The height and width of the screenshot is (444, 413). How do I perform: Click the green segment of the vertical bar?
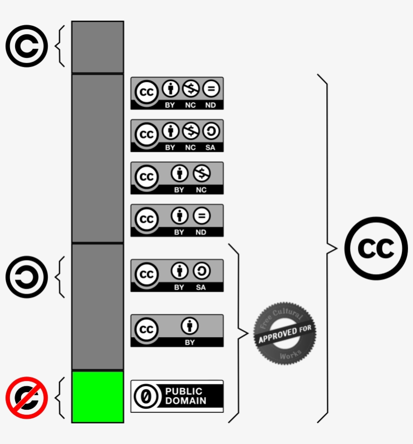click(x=98, y=397)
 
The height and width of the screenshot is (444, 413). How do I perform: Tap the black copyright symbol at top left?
click(x=26, y=46)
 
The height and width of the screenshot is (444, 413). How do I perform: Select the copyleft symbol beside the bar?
click(x=26, y=277)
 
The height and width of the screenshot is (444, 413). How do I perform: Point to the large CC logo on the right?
click(x=376, y=248)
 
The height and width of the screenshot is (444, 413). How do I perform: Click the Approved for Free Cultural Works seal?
click(x=285, y=333)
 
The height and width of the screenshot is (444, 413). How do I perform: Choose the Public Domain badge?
click(x=177, y=396)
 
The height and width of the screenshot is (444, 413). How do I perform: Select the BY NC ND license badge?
click(x=177, y=93)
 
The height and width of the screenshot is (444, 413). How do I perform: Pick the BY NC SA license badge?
click(x=177, y=136)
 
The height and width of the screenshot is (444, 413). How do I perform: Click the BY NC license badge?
click(x=177, y=178)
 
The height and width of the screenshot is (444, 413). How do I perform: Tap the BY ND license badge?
click(x=177, y=220)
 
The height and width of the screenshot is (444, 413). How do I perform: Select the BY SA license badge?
click(x=177, y=275)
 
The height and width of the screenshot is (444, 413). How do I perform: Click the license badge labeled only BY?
click(x=177, y=331)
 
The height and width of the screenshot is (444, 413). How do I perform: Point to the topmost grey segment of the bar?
click(x=98, y=47)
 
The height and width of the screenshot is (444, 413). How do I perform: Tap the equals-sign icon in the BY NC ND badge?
click(x=211, y=90)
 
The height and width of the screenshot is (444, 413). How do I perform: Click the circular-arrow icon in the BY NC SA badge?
click(x=211, y=132)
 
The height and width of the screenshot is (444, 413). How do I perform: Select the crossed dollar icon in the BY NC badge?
click(x=201, y=174)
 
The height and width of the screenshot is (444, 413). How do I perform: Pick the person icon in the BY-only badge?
click(x=190, y=326)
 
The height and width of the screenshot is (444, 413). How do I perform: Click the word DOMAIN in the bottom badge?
click(x=186, y=401)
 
